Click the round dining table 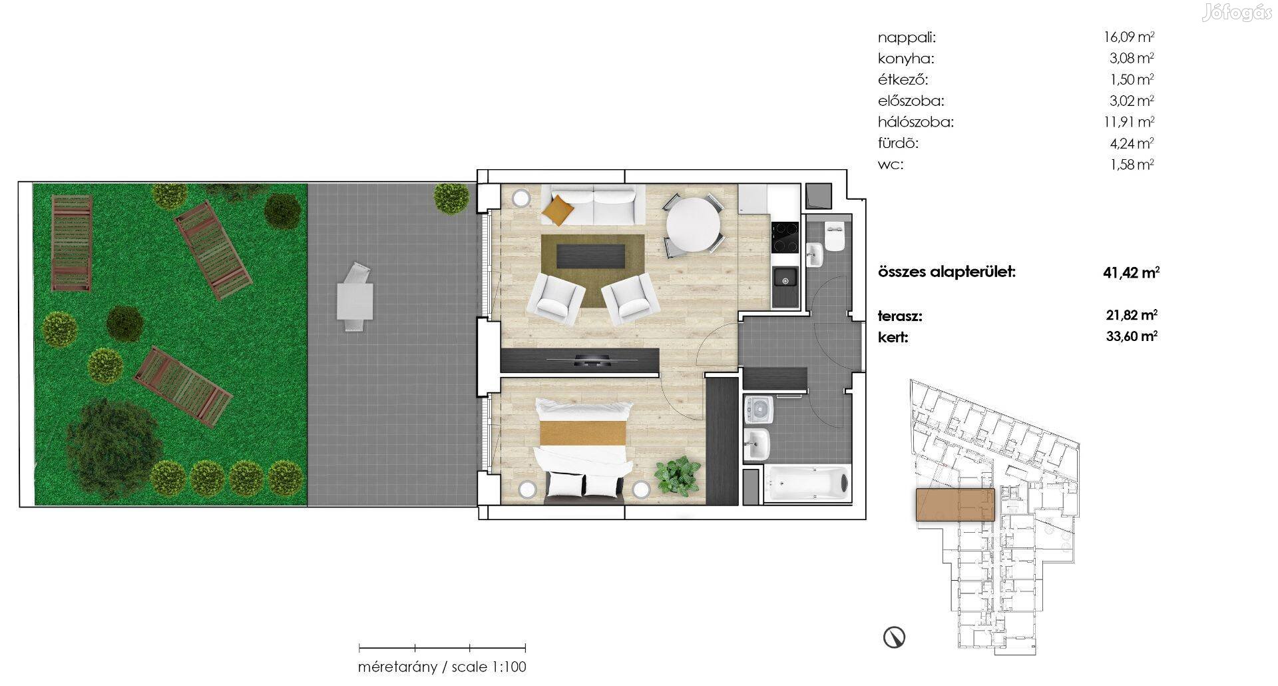(x=694, y=225)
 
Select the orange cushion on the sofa (x=558, y=210)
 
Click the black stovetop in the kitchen (x=785, y=237)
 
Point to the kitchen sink (x=785, y=278)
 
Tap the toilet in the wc (x=833, y=236)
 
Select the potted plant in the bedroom (x=678, y=476)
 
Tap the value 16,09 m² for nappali (x=1129, y=37)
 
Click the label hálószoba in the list (x=915, y=123)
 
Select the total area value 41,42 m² (x=1131, y=272)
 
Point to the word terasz (x=900, y=316)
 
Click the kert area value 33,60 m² (x=1132, y=336)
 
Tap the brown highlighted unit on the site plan (x=955, y=504)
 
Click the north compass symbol (x=894, y=637)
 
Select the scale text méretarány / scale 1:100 (x=442, y=667)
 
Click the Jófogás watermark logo (x=1236, y=13)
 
